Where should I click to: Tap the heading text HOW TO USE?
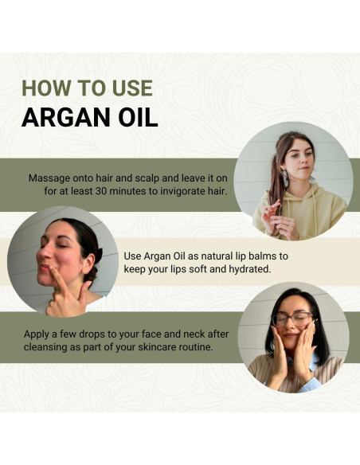[x=86, y=88]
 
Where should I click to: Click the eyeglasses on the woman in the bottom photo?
[x=292, y=318]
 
